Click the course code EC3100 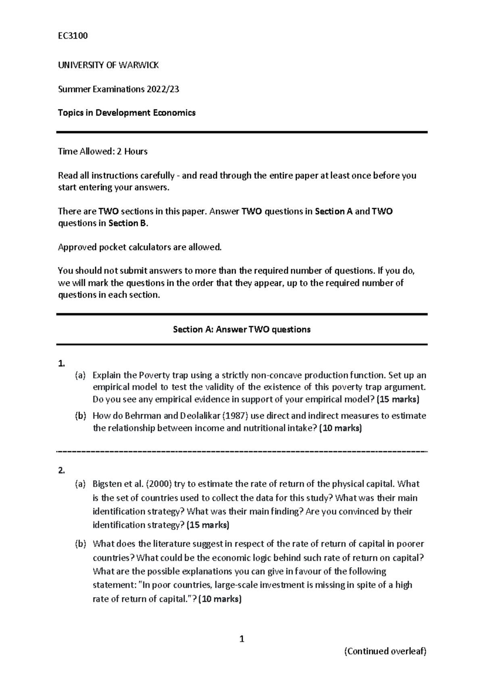pyautogui.click(x=73, y=36)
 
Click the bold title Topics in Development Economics pyautogui.click(x=127, y=113)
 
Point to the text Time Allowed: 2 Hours pyautogui.click(x=103, y=151)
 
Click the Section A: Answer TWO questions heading pyautogui.click(x=242, y=329)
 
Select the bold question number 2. pyautogui.click(x=61, y=470)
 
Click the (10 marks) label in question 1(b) pyautogui.click(x=340, y=428)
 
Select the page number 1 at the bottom pyautogui.click(x=242, y=639)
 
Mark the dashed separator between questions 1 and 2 pyautogui.click(x=242, y=451)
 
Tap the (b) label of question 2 pyautogui.click(x=81, y=544)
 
